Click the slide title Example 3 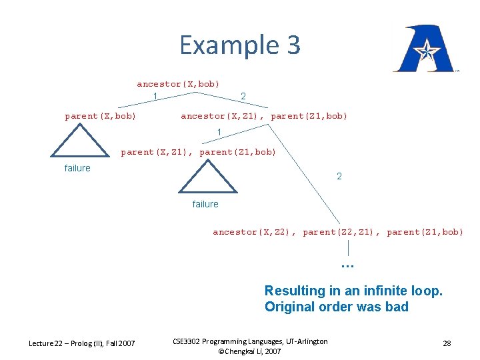coord(240,45)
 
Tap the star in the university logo coord(425,49)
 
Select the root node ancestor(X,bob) coord(178,84)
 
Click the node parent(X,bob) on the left coord(101,116)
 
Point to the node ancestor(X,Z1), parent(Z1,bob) coord(264,116)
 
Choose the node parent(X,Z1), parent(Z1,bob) coord(198,152)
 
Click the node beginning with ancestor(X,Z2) coord(337,232)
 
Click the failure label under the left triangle coord(77,168)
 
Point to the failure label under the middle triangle coord(205,204)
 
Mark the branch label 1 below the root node coord(155,97)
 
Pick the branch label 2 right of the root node coord(243,97)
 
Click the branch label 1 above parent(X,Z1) coord(219,133)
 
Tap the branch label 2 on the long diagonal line coord(339,177)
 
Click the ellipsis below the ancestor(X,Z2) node coord(347,264)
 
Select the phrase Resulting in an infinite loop coord(353,291)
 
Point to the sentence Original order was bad coord(336,307)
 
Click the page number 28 coord(447,343)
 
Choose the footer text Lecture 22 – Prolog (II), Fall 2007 coord(81,343)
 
